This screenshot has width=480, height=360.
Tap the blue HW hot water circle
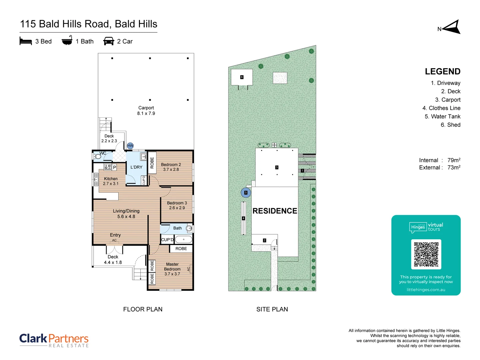click(x=130, y=146)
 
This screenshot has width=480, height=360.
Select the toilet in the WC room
click(x=98, y=156)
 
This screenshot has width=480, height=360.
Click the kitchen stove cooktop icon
click(x=108, y=167)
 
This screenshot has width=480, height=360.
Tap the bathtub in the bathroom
click(x=183, y=239)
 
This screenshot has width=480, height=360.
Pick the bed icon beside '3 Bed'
click(x=26, y=41)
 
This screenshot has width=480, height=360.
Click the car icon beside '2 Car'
click(x=109, y=41)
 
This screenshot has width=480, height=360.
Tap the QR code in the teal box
click(x=426, y=254)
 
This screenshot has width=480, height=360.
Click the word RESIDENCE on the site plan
click(x=275, y=211)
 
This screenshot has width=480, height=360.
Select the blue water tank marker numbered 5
click(x=246, y=193)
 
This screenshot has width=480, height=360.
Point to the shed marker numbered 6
click(x=242, y=77)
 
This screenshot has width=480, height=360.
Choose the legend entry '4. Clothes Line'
click(x=441, y=108)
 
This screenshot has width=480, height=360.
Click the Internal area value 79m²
click(x=454, y=160)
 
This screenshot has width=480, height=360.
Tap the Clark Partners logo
click(x=54, y=340)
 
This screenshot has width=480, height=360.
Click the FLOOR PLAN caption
click(x=143, y=309)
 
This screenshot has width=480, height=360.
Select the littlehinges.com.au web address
click(x=426, y=290)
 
